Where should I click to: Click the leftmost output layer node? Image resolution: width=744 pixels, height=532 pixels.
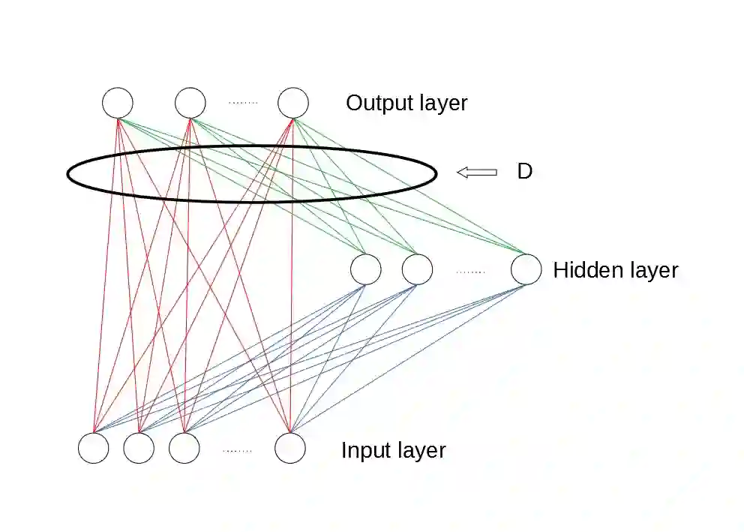coord(118,103)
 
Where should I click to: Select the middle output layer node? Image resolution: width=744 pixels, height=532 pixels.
coord(190,103)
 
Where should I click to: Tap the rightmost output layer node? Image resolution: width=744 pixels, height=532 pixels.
coord(293,103)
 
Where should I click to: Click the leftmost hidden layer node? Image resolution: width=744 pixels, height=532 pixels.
coord(366,269)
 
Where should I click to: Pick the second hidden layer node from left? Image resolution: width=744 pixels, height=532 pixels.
coord(417,269)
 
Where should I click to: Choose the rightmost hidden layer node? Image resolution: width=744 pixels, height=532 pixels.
coord(526,269)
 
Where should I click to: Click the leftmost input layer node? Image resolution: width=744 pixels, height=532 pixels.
coord(94,448)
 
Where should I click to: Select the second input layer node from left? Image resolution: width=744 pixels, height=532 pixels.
coord(139,448)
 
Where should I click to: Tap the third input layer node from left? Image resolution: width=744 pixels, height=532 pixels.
coord(184,448)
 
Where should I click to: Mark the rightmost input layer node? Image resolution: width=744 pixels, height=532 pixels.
coord(290,448)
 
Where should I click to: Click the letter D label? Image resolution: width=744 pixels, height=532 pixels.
coord(524,172)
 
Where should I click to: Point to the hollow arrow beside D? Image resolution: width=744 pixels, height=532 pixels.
coord(477,173)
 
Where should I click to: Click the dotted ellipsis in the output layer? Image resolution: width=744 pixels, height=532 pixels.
coord(242,103)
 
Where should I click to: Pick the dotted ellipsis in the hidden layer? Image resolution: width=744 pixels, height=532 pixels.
coord(471,272)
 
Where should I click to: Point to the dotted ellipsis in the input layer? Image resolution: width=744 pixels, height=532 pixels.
coord(237,451)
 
